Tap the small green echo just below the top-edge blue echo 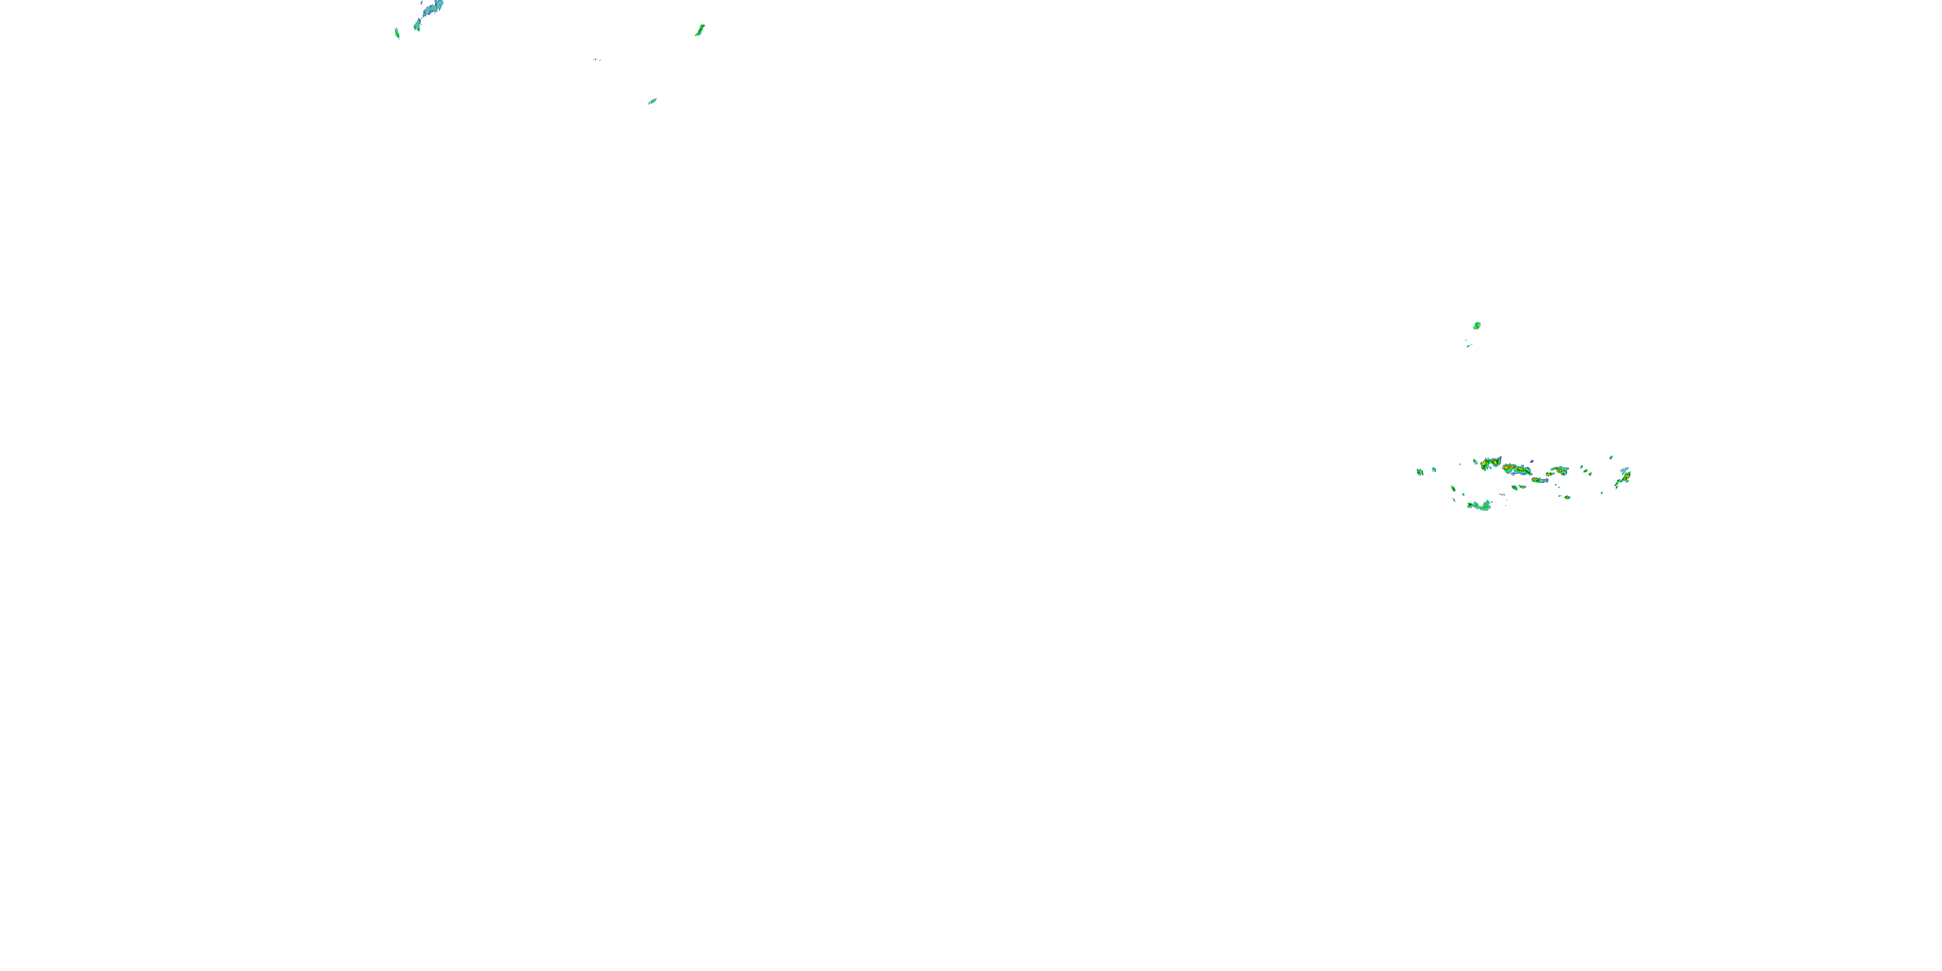pos(417,27)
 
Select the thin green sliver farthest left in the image pos(397,32)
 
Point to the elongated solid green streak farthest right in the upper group pos(700,30)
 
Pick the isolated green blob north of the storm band pos(1477,326)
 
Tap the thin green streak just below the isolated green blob pos(1469,345)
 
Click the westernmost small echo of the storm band pos(1420,472)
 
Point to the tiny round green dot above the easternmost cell pos(1611,458)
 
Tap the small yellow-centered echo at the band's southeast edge pos(1567,498)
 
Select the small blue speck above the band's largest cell pos(1532,462)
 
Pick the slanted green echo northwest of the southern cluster pos(1453,489)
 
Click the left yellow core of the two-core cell pos(1484,463)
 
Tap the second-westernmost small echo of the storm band pos(1434,470)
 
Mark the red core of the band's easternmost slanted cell pos(1627,477)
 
